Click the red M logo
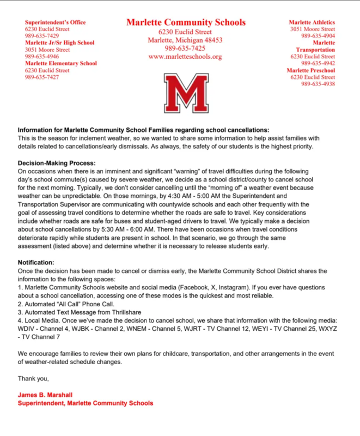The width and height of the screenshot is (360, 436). point(186,93)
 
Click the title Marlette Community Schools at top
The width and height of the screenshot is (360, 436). point(186,22)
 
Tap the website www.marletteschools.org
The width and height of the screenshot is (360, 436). point(185,57)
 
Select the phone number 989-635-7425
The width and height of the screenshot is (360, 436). point(185,49)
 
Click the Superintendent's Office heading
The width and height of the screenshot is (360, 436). point(56,22)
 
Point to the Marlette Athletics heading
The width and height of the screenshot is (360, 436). point(312,22)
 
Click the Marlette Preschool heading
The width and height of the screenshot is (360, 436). point(310,70)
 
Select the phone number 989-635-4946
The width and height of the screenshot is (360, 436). point(42,56)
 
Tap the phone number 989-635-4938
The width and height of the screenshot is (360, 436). point(318,84)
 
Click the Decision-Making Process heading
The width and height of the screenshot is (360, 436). point(57,163)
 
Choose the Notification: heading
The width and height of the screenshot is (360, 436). point(36,262)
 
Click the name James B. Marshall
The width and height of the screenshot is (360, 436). point(45,395)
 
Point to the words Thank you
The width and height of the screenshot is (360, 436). point(33,378)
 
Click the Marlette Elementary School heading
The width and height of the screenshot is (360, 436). point(61,63)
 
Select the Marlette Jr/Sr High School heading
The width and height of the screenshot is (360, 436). point(60,43)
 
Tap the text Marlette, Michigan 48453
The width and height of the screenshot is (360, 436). point(185,40)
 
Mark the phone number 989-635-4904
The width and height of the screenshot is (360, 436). point(318,36)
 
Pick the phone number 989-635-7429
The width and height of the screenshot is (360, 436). point(42,36)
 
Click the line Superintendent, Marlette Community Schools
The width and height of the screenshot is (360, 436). point(86,403)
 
